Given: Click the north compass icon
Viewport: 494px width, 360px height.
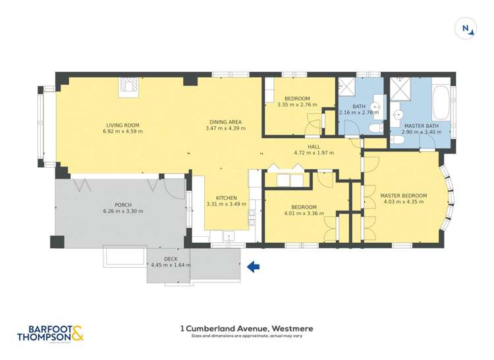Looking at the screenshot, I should (x=466, y=28).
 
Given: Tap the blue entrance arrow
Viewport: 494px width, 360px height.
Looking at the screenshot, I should (x=253, y=267).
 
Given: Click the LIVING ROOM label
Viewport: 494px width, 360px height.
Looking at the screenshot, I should (x=123, y=124).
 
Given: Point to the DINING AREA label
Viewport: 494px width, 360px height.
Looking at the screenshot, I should (x=225, y=122).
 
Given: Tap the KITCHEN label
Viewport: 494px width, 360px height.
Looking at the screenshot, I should (x=226, y=197).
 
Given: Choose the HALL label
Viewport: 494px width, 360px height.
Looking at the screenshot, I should (x=314, y=147).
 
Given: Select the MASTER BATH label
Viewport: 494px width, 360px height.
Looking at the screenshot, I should (x=421, y=126).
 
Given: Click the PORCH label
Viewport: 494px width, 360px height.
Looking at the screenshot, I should (x=123, y=205).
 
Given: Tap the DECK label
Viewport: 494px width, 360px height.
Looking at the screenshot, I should (x=170, y=259).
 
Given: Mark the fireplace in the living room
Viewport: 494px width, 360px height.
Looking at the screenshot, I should (x=128, y=87).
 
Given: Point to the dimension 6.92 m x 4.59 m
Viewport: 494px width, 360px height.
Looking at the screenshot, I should (x=123, y=131).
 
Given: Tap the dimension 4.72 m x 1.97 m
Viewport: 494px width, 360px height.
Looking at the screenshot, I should (x=314, y=153).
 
